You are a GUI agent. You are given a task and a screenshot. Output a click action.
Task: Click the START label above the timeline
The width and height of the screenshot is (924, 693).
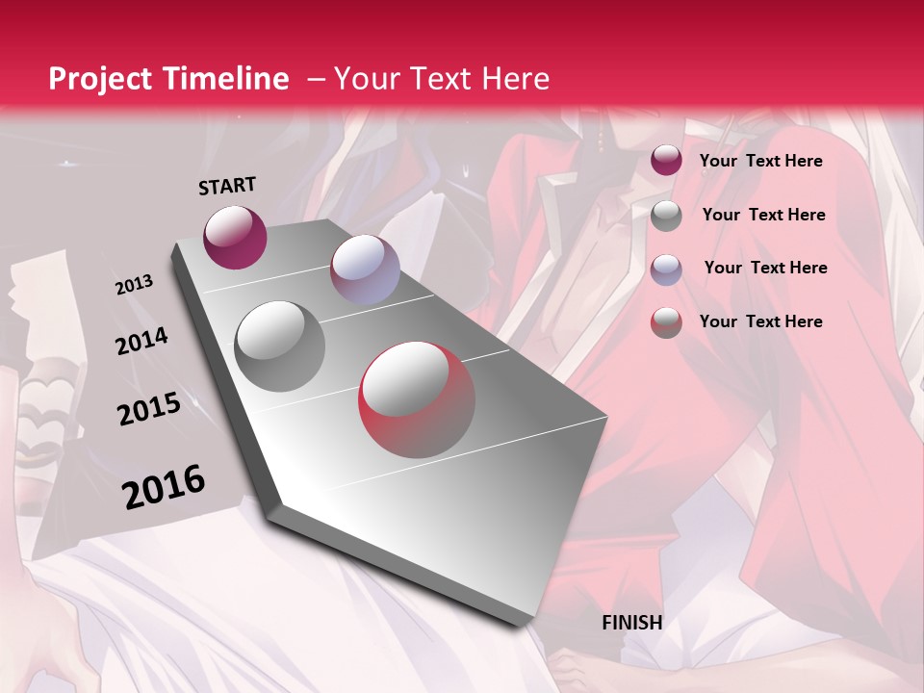(x=227, y=186)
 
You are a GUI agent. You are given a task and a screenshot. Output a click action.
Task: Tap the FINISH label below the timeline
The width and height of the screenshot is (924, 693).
(x=632, y=623)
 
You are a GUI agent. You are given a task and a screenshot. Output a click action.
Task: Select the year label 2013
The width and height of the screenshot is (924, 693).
(x=135, y=285)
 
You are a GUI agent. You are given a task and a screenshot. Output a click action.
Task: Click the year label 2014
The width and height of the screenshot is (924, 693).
(x=142, y=342)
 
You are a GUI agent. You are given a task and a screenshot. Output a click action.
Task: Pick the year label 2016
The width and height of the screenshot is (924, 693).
(x=164, y=486)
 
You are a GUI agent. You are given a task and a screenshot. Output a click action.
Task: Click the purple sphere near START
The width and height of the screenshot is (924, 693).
(x=235, y=237)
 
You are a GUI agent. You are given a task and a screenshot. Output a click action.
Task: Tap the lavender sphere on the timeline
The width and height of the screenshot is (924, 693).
(x=365, y=269)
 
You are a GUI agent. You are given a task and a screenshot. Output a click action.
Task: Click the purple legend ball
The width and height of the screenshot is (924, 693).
(x=666, y=161)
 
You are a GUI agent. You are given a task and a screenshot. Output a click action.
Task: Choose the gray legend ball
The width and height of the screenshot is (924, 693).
(x=666, y=216)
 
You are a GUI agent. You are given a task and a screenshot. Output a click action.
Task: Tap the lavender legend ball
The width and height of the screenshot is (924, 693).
(x=666, y=269)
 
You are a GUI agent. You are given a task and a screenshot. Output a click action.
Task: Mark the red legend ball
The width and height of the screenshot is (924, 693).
(x=666, y=322)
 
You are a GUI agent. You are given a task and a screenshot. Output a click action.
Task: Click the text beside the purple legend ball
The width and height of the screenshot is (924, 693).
(x=760, y=161)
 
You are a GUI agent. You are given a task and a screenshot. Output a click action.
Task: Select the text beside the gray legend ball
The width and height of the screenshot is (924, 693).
(x=763, y=215)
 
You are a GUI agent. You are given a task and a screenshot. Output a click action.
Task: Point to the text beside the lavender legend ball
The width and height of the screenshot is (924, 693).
(x=765, y=268)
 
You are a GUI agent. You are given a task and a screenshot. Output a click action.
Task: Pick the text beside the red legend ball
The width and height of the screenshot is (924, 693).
(x=760, y=321)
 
